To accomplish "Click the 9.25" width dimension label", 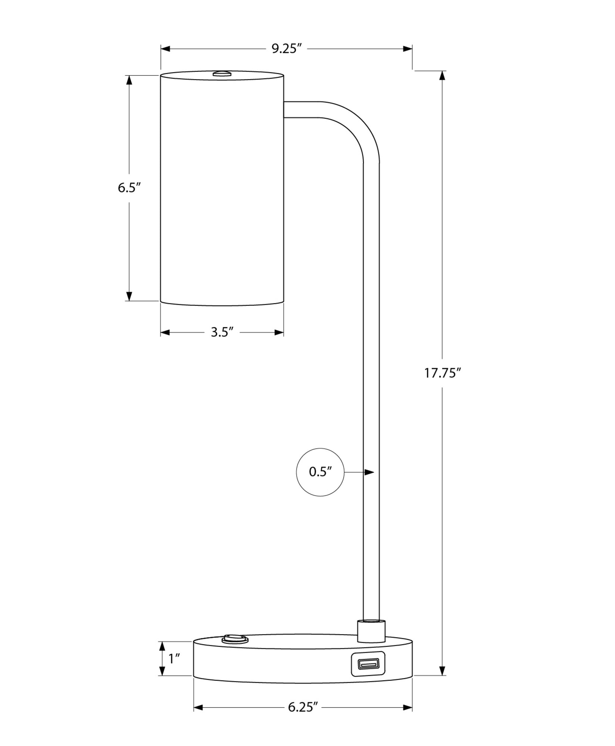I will [x=286, y=48].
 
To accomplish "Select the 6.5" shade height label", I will [x=129, y=188].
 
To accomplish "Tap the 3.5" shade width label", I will [x=222, y=332].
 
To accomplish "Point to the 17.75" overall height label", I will [x=443, y=373].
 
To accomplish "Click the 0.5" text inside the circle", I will [x=320, y=472].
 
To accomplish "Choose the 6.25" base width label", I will [x=303, y=707].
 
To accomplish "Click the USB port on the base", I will [x=368, y=664].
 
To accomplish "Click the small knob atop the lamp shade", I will [x=222, y=73].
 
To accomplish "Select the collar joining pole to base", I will [x=371, y=631].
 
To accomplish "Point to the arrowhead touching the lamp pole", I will [x=369, y=472].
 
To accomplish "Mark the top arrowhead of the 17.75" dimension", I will [x=443, y=75].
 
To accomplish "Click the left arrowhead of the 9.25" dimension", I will [x=166, y=49].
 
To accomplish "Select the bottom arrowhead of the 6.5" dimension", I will [x=129, y=296].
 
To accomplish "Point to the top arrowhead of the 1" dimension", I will [x=162, y=646].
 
